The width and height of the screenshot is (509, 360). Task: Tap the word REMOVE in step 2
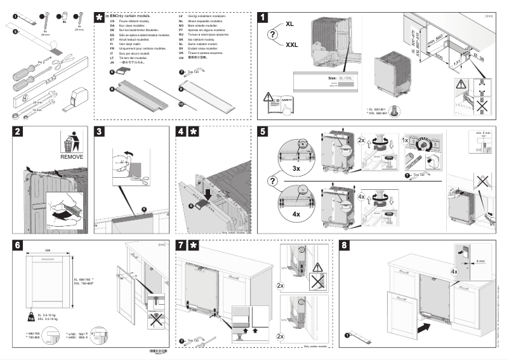(x=72, y=155)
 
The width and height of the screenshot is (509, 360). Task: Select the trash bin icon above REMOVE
(x=72, y=140)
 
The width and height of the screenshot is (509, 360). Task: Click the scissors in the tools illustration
(x=57, y=61)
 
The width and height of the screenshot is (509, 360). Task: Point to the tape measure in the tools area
(x=78, y=96)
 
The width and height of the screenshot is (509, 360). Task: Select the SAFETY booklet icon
(x=282, y=103)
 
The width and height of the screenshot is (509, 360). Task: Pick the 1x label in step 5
(x=404, y=138)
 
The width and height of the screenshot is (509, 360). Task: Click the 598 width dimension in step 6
(x=47, y=250)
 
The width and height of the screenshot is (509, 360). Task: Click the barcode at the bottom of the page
(x=168, y=352)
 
